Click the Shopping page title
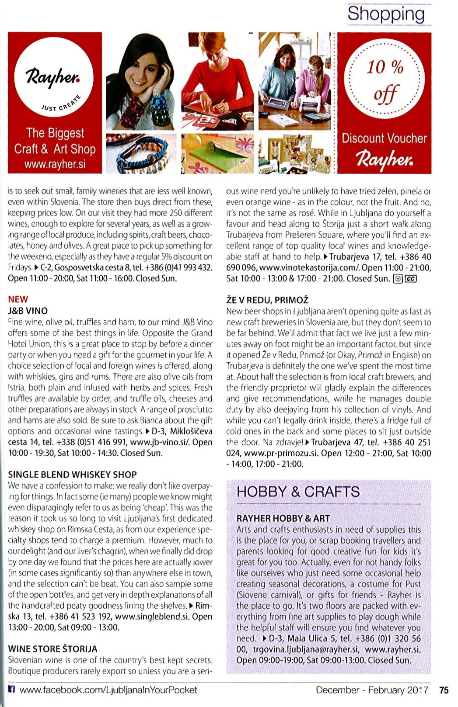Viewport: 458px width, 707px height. click(386, 14)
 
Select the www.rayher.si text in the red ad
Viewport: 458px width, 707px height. click(55, 164)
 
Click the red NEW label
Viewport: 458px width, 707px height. click(18, 299)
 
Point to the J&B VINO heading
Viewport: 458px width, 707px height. click(28, 311)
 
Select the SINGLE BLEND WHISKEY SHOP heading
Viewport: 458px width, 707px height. click(72, 475)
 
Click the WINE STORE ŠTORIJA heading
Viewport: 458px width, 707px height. click(52, 649)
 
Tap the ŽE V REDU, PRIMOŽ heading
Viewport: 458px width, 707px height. click(267, 300)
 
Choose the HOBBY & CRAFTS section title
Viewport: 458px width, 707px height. click(298, 492)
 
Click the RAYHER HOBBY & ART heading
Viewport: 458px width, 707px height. click(283, 518)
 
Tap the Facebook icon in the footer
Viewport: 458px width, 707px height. click(12, 690)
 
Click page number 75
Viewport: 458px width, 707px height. click(444, 690)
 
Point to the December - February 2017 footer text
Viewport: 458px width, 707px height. click(371, 690)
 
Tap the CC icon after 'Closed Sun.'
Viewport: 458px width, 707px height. click(411, 279)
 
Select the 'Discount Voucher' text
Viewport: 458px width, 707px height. click(384, 139)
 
